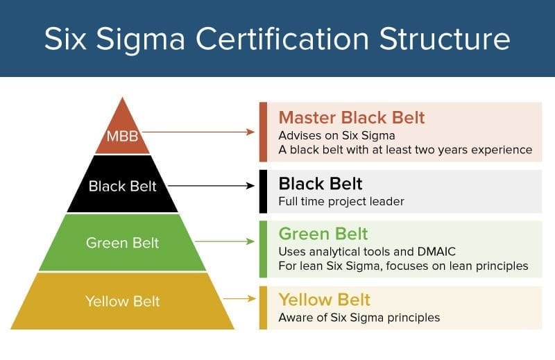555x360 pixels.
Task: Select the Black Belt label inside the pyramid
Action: (122, 186)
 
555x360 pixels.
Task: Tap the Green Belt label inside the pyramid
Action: (122, 243)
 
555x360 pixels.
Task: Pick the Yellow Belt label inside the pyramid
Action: (122, 301)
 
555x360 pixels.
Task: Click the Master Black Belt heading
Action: (351, 117)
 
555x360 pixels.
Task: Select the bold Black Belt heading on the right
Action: (320, 184)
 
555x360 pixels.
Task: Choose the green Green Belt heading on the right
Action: (323, 233)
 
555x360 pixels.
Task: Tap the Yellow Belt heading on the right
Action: (324, 300)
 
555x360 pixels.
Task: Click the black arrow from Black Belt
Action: (212, 185)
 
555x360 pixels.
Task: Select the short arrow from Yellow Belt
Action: (239, 299)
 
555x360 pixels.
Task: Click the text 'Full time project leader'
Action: (341, 202)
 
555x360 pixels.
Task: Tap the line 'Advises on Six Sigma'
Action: (331, 135)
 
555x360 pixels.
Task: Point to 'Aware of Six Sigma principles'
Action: (359, 318)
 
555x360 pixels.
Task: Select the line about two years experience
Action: (404, 149)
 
